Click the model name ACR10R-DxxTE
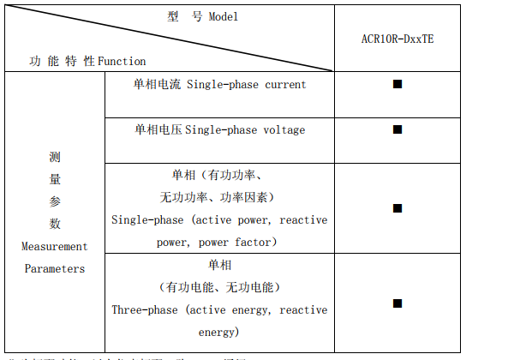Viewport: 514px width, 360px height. click(397, 39)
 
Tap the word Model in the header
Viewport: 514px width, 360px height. click(224, 17)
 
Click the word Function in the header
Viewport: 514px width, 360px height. click(122, 61)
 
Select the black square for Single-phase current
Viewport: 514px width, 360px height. click(397, 84)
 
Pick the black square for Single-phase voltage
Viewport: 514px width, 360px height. click(397, 129)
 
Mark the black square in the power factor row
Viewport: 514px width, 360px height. click(397, 207)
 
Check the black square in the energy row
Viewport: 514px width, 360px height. click(397, 303)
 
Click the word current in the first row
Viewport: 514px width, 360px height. click(285, 84)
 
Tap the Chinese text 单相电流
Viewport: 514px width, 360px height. click(158, 84)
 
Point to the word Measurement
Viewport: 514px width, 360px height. click(55, 246)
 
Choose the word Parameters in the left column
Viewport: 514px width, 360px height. click(55, 268)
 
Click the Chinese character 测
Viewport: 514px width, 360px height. click(55, 157)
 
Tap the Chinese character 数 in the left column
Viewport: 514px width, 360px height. click(55, 224)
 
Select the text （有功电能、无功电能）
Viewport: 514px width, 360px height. click(220, 287)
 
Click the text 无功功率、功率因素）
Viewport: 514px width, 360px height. click(217, 197)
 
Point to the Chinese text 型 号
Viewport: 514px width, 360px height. click(185, 17)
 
